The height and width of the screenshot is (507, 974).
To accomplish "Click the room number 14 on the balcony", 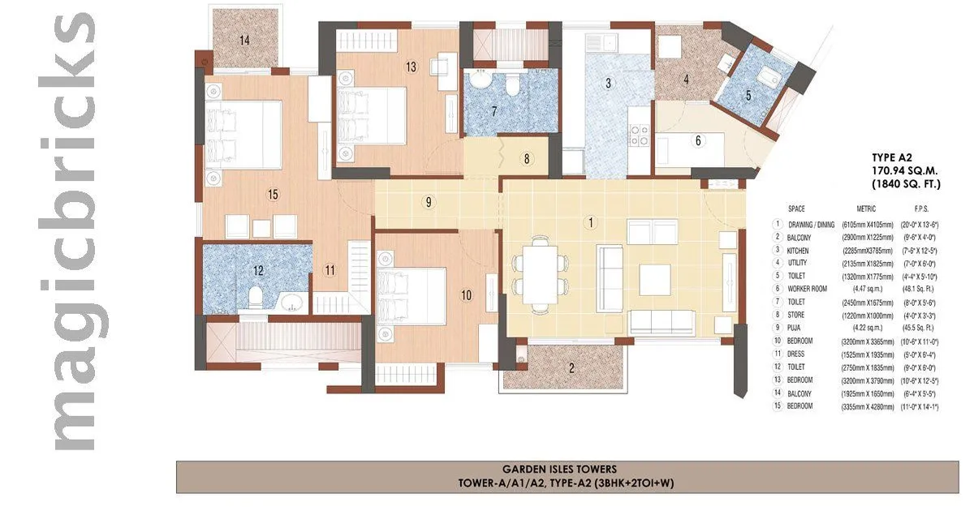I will coord(243,39).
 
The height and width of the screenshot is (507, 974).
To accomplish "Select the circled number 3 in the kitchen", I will coord(607,83).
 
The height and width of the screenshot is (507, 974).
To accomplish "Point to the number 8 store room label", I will coord(527,159).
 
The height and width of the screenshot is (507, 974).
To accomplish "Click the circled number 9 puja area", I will coord(428,203).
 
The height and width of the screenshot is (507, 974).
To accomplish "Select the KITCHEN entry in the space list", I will coord(799,251).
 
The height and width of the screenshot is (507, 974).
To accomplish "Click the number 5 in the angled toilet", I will coord(748,94).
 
